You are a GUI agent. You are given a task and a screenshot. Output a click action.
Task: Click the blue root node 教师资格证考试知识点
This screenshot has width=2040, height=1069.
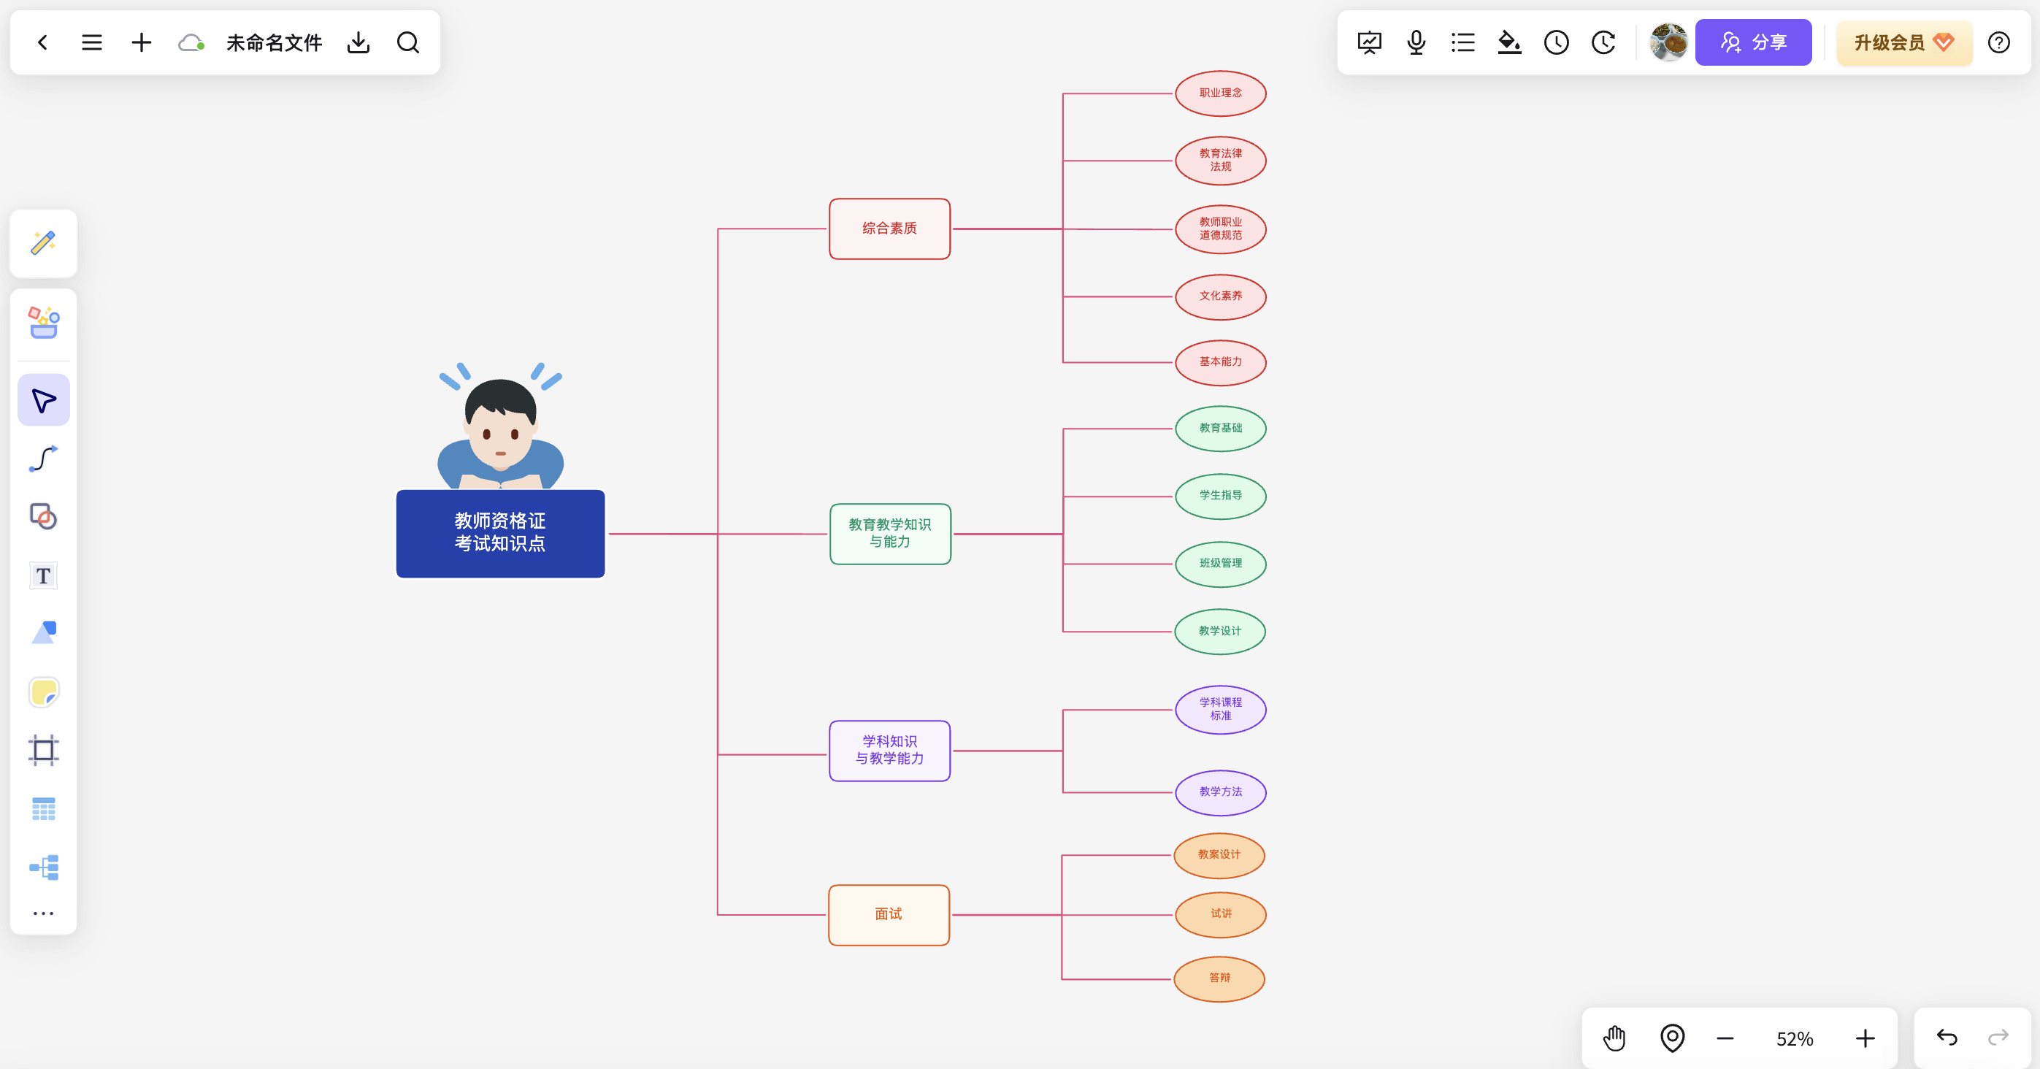pos(499,533)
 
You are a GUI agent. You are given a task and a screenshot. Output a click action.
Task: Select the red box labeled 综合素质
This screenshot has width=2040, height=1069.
pos(889,229)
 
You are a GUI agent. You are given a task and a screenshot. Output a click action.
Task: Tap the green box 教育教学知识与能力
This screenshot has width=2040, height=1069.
pos(890,534)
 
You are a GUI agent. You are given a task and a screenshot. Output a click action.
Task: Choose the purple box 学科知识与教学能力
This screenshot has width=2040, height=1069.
pos(889,751)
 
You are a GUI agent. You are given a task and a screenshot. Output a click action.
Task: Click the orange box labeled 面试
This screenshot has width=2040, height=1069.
pos(889,915)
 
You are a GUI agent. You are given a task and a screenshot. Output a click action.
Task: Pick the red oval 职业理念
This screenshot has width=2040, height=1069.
pos(1220,93)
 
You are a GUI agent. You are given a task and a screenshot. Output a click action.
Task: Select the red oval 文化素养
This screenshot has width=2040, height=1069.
pos(1220,297)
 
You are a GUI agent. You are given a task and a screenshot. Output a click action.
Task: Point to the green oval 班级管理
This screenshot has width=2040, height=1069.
pos(1220,564)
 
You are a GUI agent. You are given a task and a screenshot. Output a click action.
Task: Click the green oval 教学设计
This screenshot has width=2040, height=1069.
pos(1219,631)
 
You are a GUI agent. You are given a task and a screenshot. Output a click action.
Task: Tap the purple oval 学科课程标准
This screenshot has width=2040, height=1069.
pos(1220,710)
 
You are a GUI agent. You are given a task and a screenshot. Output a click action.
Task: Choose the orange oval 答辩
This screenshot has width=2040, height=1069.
pos(1219,978)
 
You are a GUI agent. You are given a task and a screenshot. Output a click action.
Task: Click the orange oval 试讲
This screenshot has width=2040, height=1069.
pos(1220,915)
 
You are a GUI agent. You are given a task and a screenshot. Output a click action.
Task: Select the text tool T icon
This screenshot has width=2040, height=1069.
pos(44,575)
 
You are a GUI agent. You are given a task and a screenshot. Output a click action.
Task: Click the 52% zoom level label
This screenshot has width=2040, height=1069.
pos(1795,1039)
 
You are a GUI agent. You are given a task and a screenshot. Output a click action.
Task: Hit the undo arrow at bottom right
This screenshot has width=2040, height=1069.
pos(1947,1038)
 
